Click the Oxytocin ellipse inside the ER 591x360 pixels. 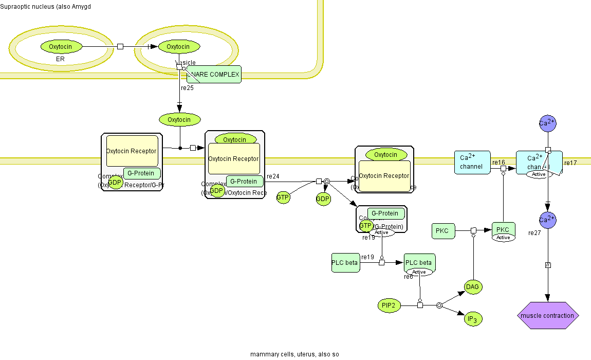(x=61, y=47)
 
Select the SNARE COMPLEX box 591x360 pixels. (x=214, y=75)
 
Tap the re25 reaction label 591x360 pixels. (x=187, y=88)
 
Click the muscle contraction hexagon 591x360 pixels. (x=548, y=315)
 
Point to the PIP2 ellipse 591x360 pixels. (x=389, y=305)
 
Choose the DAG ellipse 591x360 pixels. (x=473, y=287)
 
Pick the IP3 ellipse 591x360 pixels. (x=472, y=319)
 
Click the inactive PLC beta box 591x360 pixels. (x=345, y=262)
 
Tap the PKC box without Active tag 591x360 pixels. (x=442, y=231)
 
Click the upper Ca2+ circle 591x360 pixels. (x=547, y=123)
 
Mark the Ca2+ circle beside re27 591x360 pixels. (x=547, y=220)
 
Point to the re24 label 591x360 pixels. (x=273, y=176)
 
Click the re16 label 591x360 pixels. (x=498, y=163)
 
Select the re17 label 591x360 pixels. (x=570, y=163)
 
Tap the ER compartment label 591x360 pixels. (x=60, y=60)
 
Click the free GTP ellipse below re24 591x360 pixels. (x=283, y=197)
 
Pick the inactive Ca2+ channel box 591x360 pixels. (x=472, y=163)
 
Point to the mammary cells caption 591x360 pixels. (x=294, y=354)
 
